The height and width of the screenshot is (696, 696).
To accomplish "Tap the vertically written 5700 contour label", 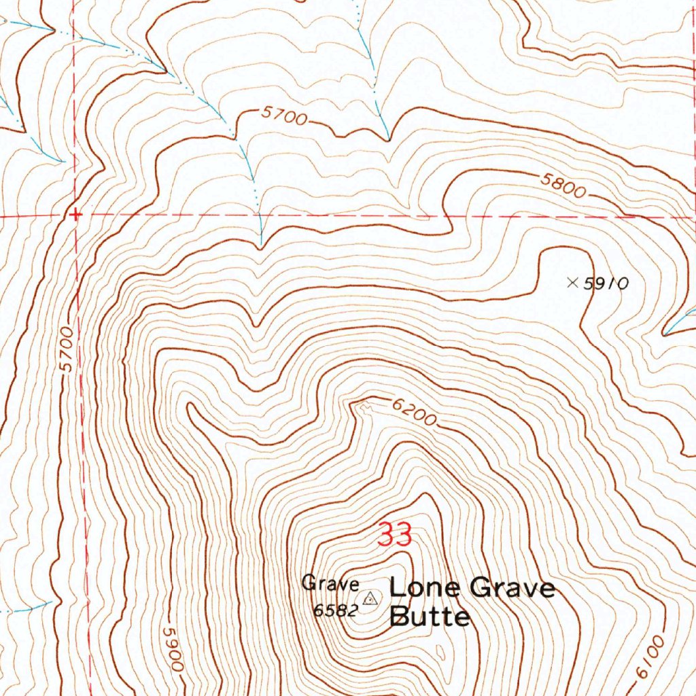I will (67, 349).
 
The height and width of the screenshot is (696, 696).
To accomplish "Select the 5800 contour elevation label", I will (563, 186).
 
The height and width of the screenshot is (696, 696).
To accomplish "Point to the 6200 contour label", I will (413, 412).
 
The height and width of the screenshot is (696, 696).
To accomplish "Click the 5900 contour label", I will (172, 649).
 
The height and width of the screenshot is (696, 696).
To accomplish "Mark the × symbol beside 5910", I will (573, 283).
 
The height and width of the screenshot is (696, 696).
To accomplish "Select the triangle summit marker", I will (370, 599).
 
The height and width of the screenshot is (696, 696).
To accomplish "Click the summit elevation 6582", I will (335, 610).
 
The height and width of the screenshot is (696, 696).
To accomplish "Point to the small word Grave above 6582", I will (330, 583).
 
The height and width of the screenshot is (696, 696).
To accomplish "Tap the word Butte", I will (430, 616).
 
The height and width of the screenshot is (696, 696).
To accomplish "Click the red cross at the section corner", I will (76, 215).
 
